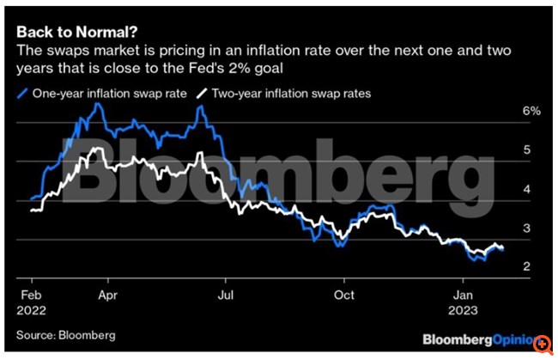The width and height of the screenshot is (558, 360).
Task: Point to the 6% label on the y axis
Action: click(532, 112)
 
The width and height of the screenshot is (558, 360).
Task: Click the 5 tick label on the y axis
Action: click(528, 150)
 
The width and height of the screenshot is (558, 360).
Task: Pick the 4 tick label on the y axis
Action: click(528, 189)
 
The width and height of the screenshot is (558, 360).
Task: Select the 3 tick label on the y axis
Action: click(528, 229)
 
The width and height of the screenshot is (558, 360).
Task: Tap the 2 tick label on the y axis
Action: click(528, 267)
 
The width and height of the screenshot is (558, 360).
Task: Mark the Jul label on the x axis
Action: click(225, 292)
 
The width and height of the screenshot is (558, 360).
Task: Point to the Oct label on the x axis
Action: click(344, 292)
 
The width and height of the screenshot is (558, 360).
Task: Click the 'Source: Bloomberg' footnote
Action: click(65, 334)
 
